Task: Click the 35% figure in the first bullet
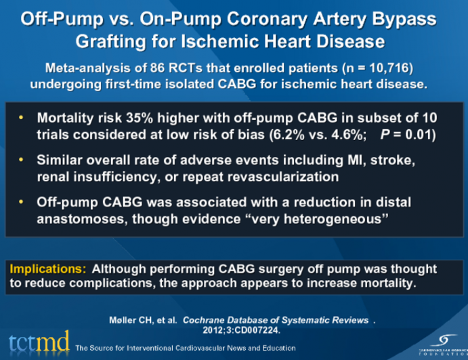pyautogui.click(x=145, y=117)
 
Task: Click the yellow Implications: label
pyautogui.click(x=47, y=269)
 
